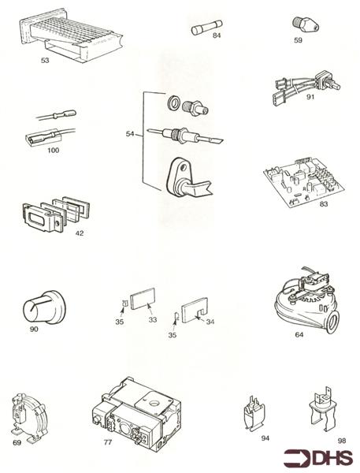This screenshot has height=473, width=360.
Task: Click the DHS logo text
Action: (x=325, y=458)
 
